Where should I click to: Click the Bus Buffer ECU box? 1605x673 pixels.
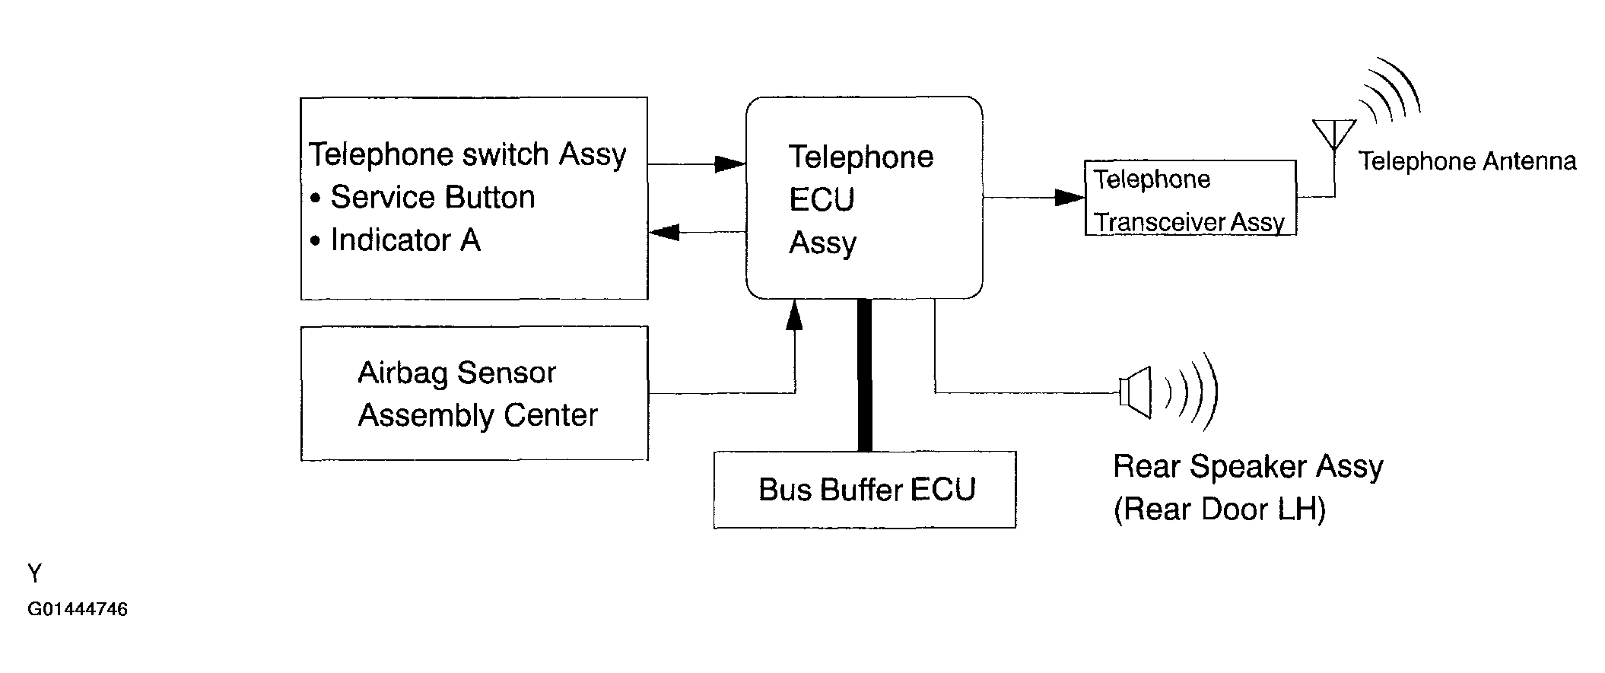865,490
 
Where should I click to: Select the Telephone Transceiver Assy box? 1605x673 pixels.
1190,198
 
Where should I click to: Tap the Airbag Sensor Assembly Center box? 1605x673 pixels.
475,394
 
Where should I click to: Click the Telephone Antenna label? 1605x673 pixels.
1467,161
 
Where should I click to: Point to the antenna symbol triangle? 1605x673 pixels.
1334,134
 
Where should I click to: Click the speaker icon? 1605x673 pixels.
1136,392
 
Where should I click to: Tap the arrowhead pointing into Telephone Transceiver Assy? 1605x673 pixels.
1069,198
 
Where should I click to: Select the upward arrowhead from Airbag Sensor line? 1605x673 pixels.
794,315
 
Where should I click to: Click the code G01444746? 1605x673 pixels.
78,609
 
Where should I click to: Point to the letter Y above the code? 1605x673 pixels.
34,573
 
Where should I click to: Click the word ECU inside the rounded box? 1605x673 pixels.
822,200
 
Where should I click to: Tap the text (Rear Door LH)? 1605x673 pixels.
1219,510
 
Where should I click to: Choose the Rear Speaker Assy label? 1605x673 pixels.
1247,466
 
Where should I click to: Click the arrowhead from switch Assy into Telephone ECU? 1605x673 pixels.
730,164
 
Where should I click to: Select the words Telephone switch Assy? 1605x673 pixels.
467,154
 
